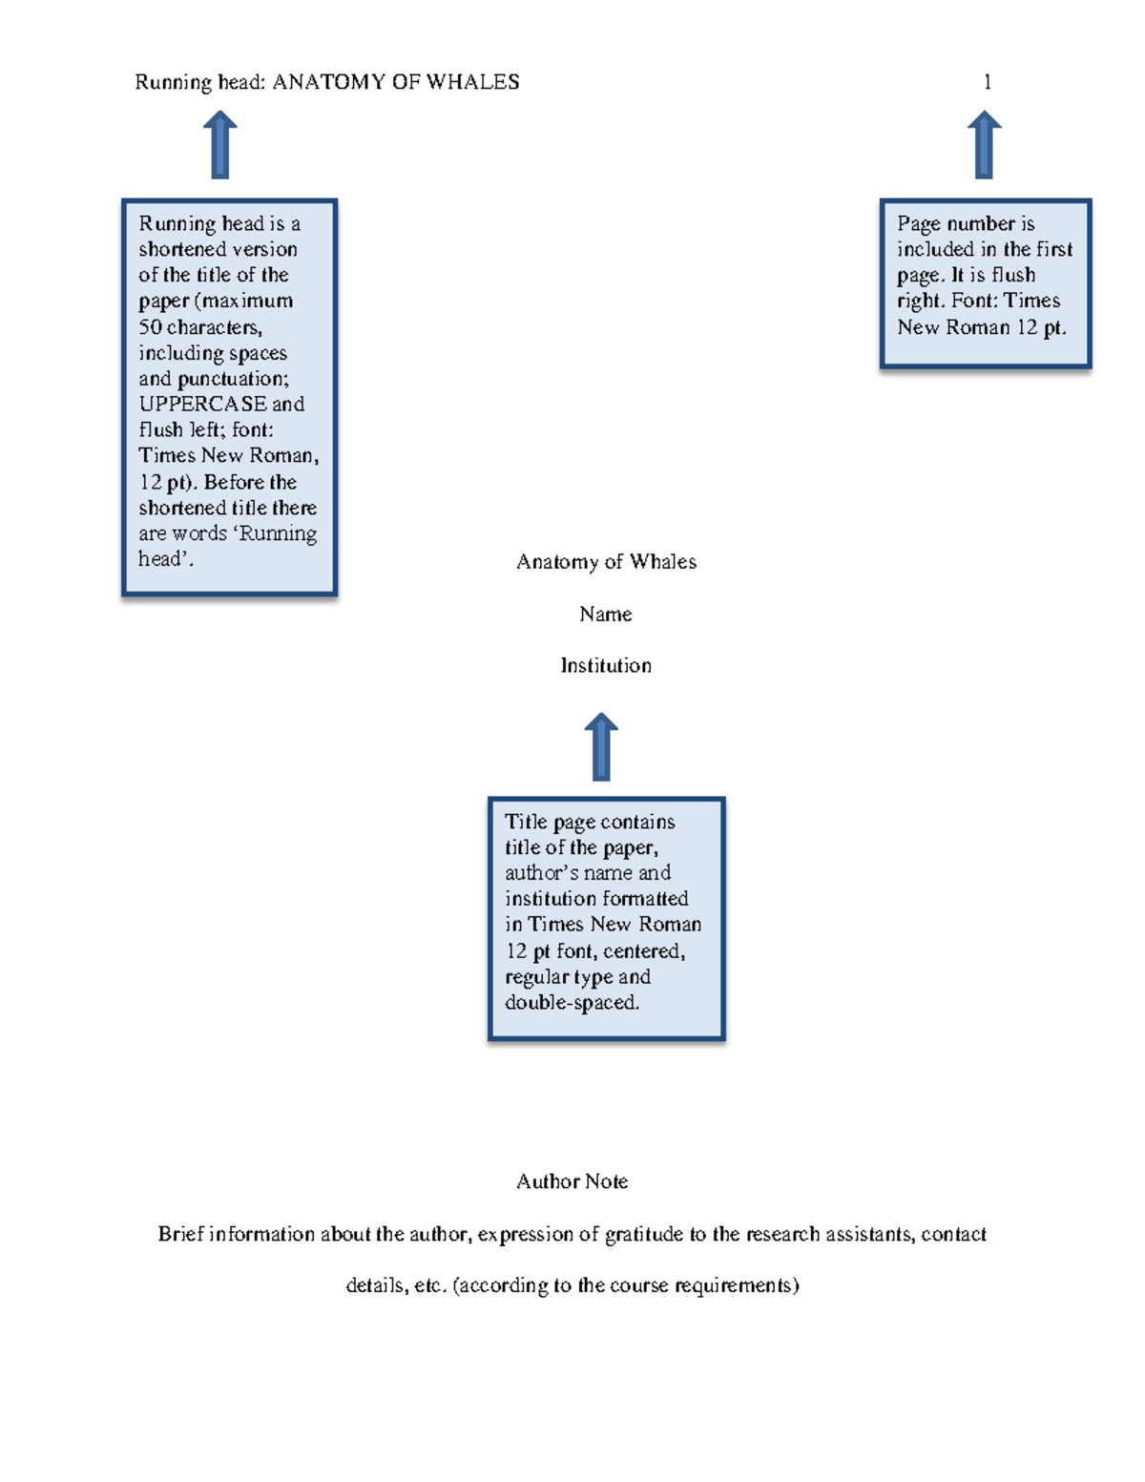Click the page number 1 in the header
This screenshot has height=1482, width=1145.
coord(987,82)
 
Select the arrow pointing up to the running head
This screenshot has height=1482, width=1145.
coord(219,145)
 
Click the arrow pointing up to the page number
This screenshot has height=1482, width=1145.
coord(984,145)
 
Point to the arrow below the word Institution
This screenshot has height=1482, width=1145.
coord(601,747)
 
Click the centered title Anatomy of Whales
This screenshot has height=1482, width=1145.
coord(606,561)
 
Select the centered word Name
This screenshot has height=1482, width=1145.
coord(606,614)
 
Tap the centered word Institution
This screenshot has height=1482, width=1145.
coord(606,665)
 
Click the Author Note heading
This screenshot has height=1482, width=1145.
coord(572,1181)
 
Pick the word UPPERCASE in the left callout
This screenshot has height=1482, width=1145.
coord(202,404)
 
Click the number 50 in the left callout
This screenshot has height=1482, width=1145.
coord(150,326)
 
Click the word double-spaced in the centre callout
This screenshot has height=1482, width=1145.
coord(572,1003)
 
